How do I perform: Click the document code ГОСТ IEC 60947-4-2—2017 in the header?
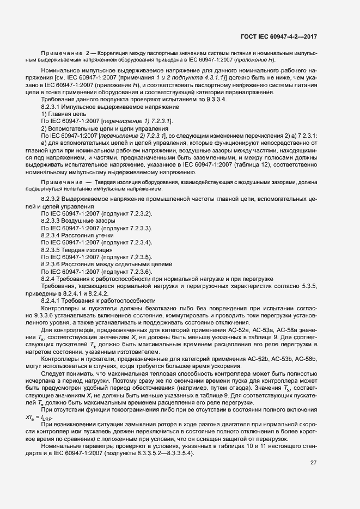tap(278, 37)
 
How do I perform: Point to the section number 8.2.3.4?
tap(53, 235)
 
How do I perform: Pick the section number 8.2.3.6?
tap(53, 263)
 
